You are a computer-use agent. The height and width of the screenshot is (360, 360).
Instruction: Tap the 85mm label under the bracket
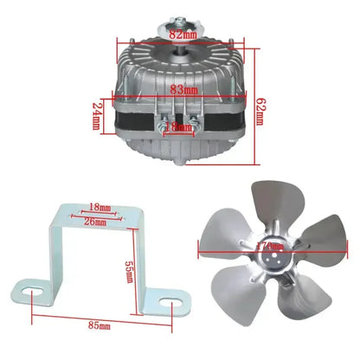100,325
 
